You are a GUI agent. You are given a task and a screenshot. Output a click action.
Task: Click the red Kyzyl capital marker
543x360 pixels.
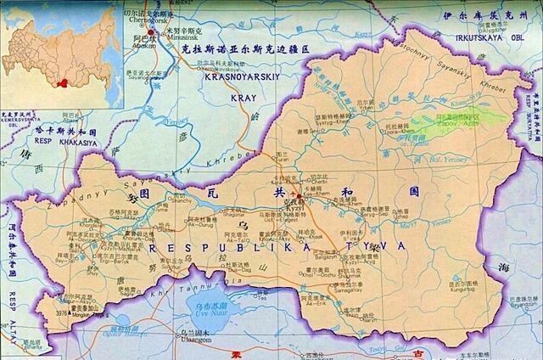[299, 197]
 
